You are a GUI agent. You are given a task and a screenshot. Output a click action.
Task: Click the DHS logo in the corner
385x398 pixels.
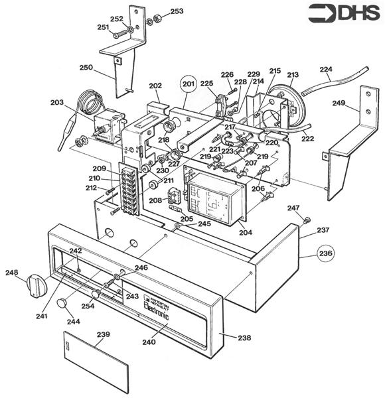point(343,13)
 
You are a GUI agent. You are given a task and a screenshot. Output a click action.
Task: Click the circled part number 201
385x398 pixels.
point(189,84)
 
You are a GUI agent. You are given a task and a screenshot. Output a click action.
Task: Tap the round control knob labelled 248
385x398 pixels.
point(34,286)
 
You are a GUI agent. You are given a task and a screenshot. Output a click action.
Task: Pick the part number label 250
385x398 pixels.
point(86,68)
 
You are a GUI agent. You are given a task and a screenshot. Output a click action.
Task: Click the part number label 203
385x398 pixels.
point(58,103)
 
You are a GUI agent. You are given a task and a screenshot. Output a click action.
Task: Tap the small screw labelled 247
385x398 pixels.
point(308,220)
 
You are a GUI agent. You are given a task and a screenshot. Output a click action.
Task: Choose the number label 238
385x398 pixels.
point(244,338)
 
